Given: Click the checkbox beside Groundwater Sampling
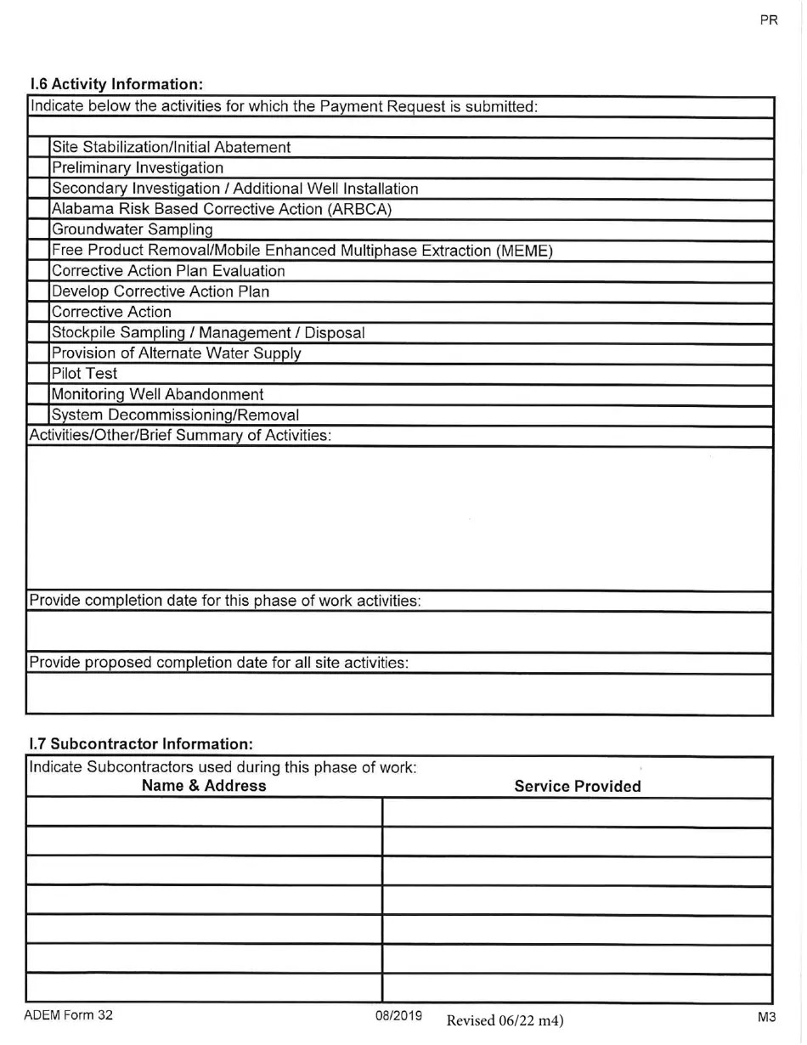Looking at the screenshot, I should pyautogui.click(x=39, y=230).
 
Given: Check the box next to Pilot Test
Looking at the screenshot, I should pyautogui.click(x=39, y=374).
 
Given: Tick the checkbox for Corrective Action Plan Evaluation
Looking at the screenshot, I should pyautogui.click(x=39, y=271).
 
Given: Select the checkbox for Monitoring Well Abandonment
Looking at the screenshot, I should pyautogui.click(x=39, y=395).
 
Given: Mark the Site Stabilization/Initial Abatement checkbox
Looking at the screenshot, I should pyautogui.click(x=39, y=148).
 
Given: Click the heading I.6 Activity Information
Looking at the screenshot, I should pyautogui.click(x=116, y=84).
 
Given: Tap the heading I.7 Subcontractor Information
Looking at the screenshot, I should pyautogui.click(x=141, y=744).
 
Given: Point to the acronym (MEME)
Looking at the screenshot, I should pyautogui.click(x=524, y=251).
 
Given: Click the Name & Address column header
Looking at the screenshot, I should pyautogui.click(x=204, y=786).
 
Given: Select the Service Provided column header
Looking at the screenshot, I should pyautogui.click(x=578, y=787).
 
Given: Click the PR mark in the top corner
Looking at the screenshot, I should pyautogui.click(x=769, y=21).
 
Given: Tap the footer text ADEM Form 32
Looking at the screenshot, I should pyautogui.click(x=68, y=1014).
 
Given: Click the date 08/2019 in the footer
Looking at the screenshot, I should pyautogui.click(x=399, y=1015).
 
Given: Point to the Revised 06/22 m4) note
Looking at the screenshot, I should pyautogui.click(x=505, y=1020).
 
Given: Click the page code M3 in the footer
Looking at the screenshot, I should pyautogui.click(x=767, y=1015).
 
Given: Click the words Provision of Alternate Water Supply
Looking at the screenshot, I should pyautogui.click(x=176, y=353).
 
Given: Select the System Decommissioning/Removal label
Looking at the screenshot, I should pyautogui.click(x=175, y=415).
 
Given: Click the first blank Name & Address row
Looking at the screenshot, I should pyautogui.click(x=204, y=813).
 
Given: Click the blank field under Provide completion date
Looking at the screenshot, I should pyautogui.click(x=399, y=633).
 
